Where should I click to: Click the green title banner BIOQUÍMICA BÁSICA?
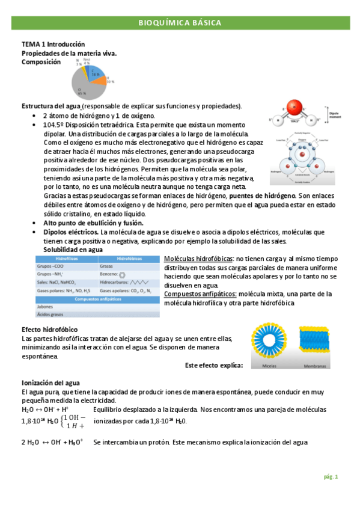[x=180, y=23]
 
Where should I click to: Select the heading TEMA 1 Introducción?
[x=53, y=45]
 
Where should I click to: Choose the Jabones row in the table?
[x=45, y=306]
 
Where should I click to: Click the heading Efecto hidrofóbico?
[x=49, y=330]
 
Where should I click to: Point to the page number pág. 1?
[x=331, y=476]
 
